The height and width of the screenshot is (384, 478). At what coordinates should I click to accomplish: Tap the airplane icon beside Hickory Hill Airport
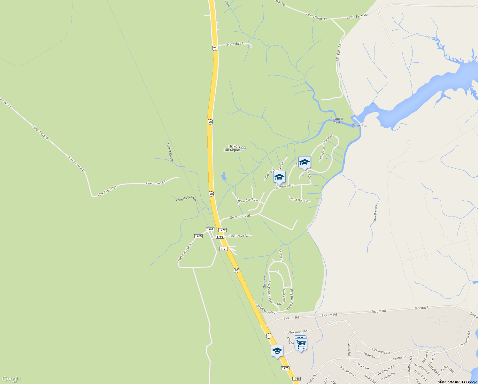pyautogui.click(x=243, y=148)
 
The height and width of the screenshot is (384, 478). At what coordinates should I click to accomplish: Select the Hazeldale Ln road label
pyautogui.click(x=236, y=44)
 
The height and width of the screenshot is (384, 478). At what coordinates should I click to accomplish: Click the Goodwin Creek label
pyautogui.click(x=336, y=120)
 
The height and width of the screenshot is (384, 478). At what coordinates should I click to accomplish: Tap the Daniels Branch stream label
pyautogui.click(x=186, y=199)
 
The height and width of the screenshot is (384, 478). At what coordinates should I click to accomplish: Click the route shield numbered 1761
pyautogui.click(x=210, y=229)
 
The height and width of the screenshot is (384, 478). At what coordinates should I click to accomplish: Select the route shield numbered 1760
pyautogui.click(x=198, y=236)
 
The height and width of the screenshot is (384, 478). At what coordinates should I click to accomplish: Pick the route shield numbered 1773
pyautogui.click(x=285, y=368)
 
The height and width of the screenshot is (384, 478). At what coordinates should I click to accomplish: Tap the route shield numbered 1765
pyautogui.click(x=296, y=379)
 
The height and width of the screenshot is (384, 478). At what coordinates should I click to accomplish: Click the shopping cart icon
pyautogui.click(x=301, y=345)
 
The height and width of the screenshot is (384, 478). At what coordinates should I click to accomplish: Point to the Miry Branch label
pyautogui.click(x=375, y=214)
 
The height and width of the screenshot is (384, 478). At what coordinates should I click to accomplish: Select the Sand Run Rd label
pyautogui.click(x=299, y=200)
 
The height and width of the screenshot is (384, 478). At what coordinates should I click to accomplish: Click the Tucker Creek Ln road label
pyautogui.click(x=247, y=200)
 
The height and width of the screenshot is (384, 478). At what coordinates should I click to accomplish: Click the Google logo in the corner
pyautogui.click(x=11, y=379)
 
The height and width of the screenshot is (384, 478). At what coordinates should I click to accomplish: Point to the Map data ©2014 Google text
pyautogui.click(x=458, y=382)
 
